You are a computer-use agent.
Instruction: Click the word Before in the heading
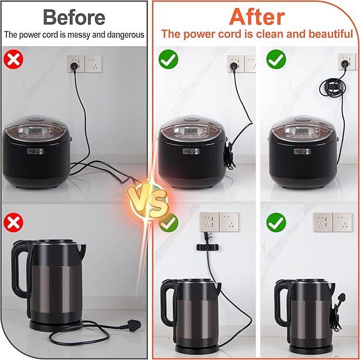point(73,17)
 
